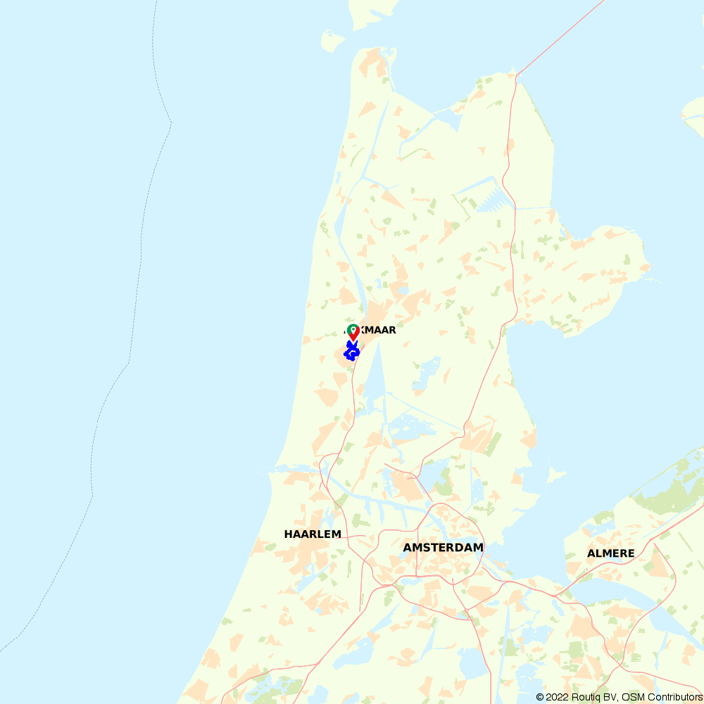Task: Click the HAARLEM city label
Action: tap(313, 534)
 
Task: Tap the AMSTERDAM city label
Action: tap(443, 548)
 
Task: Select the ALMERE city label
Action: tap(610, 553)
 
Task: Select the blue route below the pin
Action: tap(351, 351)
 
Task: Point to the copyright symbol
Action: tap(540, 697)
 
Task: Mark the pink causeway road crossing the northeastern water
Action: tap(560, 35)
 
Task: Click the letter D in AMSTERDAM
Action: tap(459, 548)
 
